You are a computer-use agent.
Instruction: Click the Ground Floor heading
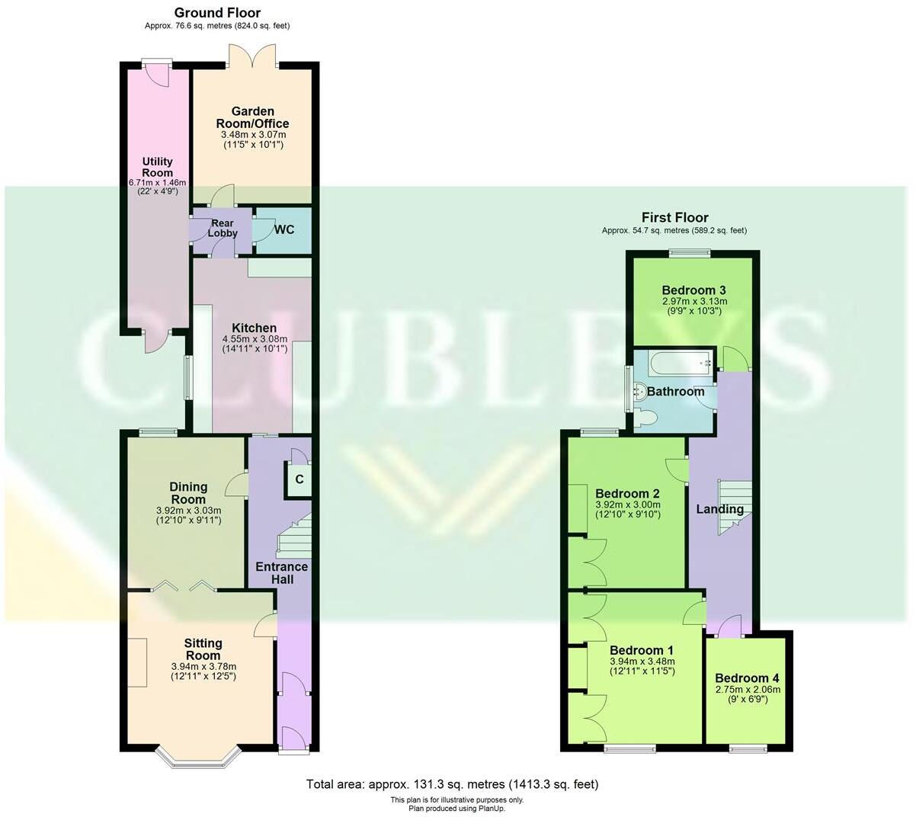(217, 13)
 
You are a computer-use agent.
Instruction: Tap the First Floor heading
(674, 218)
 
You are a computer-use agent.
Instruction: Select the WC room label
(283, 229)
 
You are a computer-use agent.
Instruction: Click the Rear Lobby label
(223, 229)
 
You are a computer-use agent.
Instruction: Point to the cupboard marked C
(299, 479)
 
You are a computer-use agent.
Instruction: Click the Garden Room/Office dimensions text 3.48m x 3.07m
(252, 134)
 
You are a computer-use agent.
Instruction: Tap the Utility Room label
(157, 167)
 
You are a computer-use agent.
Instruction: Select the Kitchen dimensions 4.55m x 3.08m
(255, 339)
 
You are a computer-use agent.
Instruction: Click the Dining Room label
(188, 492)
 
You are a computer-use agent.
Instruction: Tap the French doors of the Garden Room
(251, 56)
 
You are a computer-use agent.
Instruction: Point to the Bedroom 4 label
(747, 678)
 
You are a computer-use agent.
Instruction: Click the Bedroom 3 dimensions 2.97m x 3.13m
(693, 302)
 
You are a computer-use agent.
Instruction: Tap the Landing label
(720, 509)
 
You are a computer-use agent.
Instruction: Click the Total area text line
(453, 783)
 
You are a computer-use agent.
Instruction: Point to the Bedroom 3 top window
(690, 252)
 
